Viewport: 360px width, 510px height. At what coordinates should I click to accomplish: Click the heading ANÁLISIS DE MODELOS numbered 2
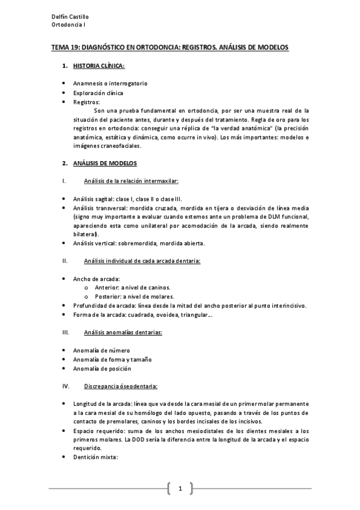tap(105, 164)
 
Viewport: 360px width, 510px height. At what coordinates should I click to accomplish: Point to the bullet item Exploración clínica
tap(98, 93)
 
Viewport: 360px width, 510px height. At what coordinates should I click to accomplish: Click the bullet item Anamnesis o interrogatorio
tap(110, 84)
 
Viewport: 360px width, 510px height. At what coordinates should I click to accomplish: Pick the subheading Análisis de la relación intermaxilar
tap(132, 181)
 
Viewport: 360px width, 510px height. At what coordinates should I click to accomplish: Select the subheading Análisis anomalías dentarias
tap(123, 332)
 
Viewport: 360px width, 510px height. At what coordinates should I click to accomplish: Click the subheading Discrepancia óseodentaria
tap(121, 386)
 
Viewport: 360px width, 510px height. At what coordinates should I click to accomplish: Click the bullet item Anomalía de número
tap(101, 351)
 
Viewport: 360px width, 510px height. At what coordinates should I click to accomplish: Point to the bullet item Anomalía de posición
tap(102, 369)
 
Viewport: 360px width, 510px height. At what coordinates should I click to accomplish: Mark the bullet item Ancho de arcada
tap(96, 279)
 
